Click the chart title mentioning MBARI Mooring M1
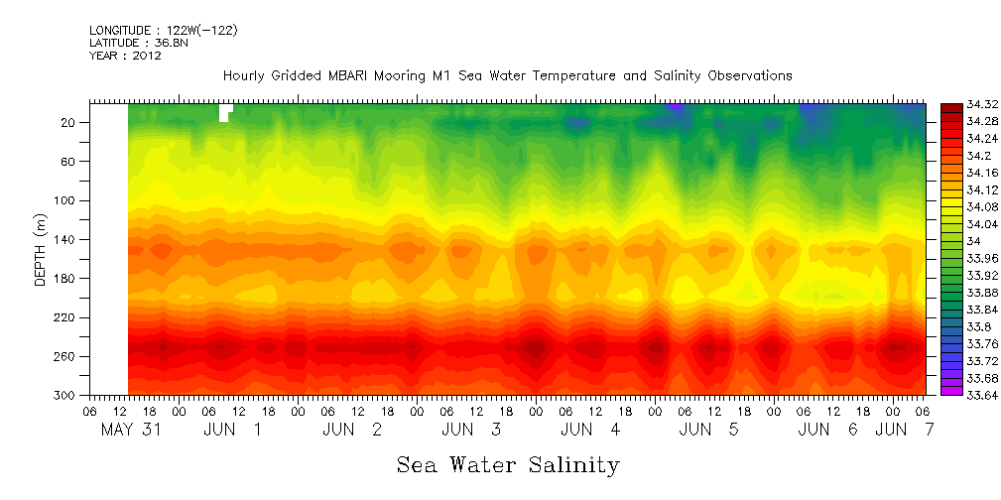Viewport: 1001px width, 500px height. tap(507, 75)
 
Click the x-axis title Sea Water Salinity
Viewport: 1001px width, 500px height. tap(508, 464)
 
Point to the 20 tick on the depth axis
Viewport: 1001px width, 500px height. tap(69, 122)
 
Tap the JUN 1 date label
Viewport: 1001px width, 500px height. tap(233, 430)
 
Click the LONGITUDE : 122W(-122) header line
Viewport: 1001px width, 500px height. tap(164, 31)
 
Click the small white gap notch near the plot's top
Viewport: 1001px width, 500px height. tap(225, 112)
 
